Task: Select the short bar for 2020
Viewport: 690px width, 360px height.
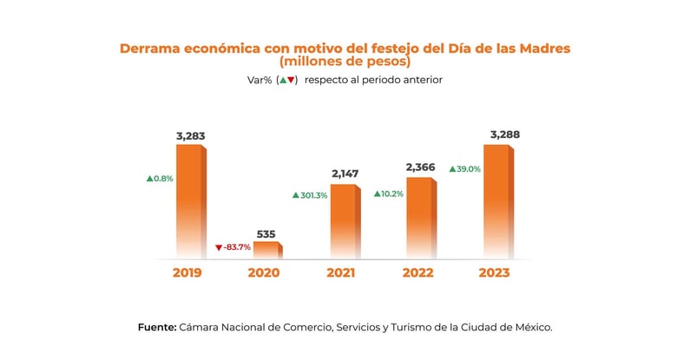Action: pos(266,249)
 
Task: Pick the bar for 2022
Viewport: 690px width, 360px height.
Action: pos(420,217)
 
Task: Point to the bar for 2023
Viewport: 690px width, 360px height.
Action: pos(497,200)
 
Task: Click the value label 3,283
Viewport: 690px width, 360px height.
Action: pos(190,136)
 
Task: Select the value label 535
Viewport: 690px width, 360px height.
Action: pos(267,233)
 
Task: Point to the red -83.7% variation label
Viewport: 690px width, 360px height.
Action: pos(233,247)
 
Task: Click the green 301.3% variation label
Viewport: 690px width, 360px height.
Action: pos(310,195)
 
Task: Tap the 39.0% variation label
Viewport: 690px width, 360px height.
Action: pos(465,169)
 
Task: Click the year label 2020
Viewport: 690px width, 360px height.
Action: pos(264,272)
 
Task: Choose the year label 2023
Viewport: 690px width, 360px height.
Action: pos(494,272)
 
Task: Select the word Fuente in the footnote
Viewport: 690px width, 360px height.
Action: pos(156,327)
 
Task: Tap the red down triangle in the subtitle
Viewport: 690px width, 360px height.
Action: pos(292,80)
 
